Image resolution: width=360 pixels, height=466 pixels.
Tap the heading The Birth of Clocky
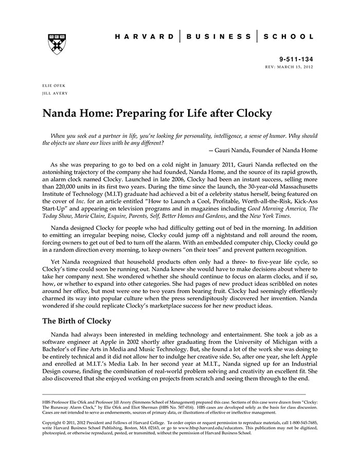(77, 321)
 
